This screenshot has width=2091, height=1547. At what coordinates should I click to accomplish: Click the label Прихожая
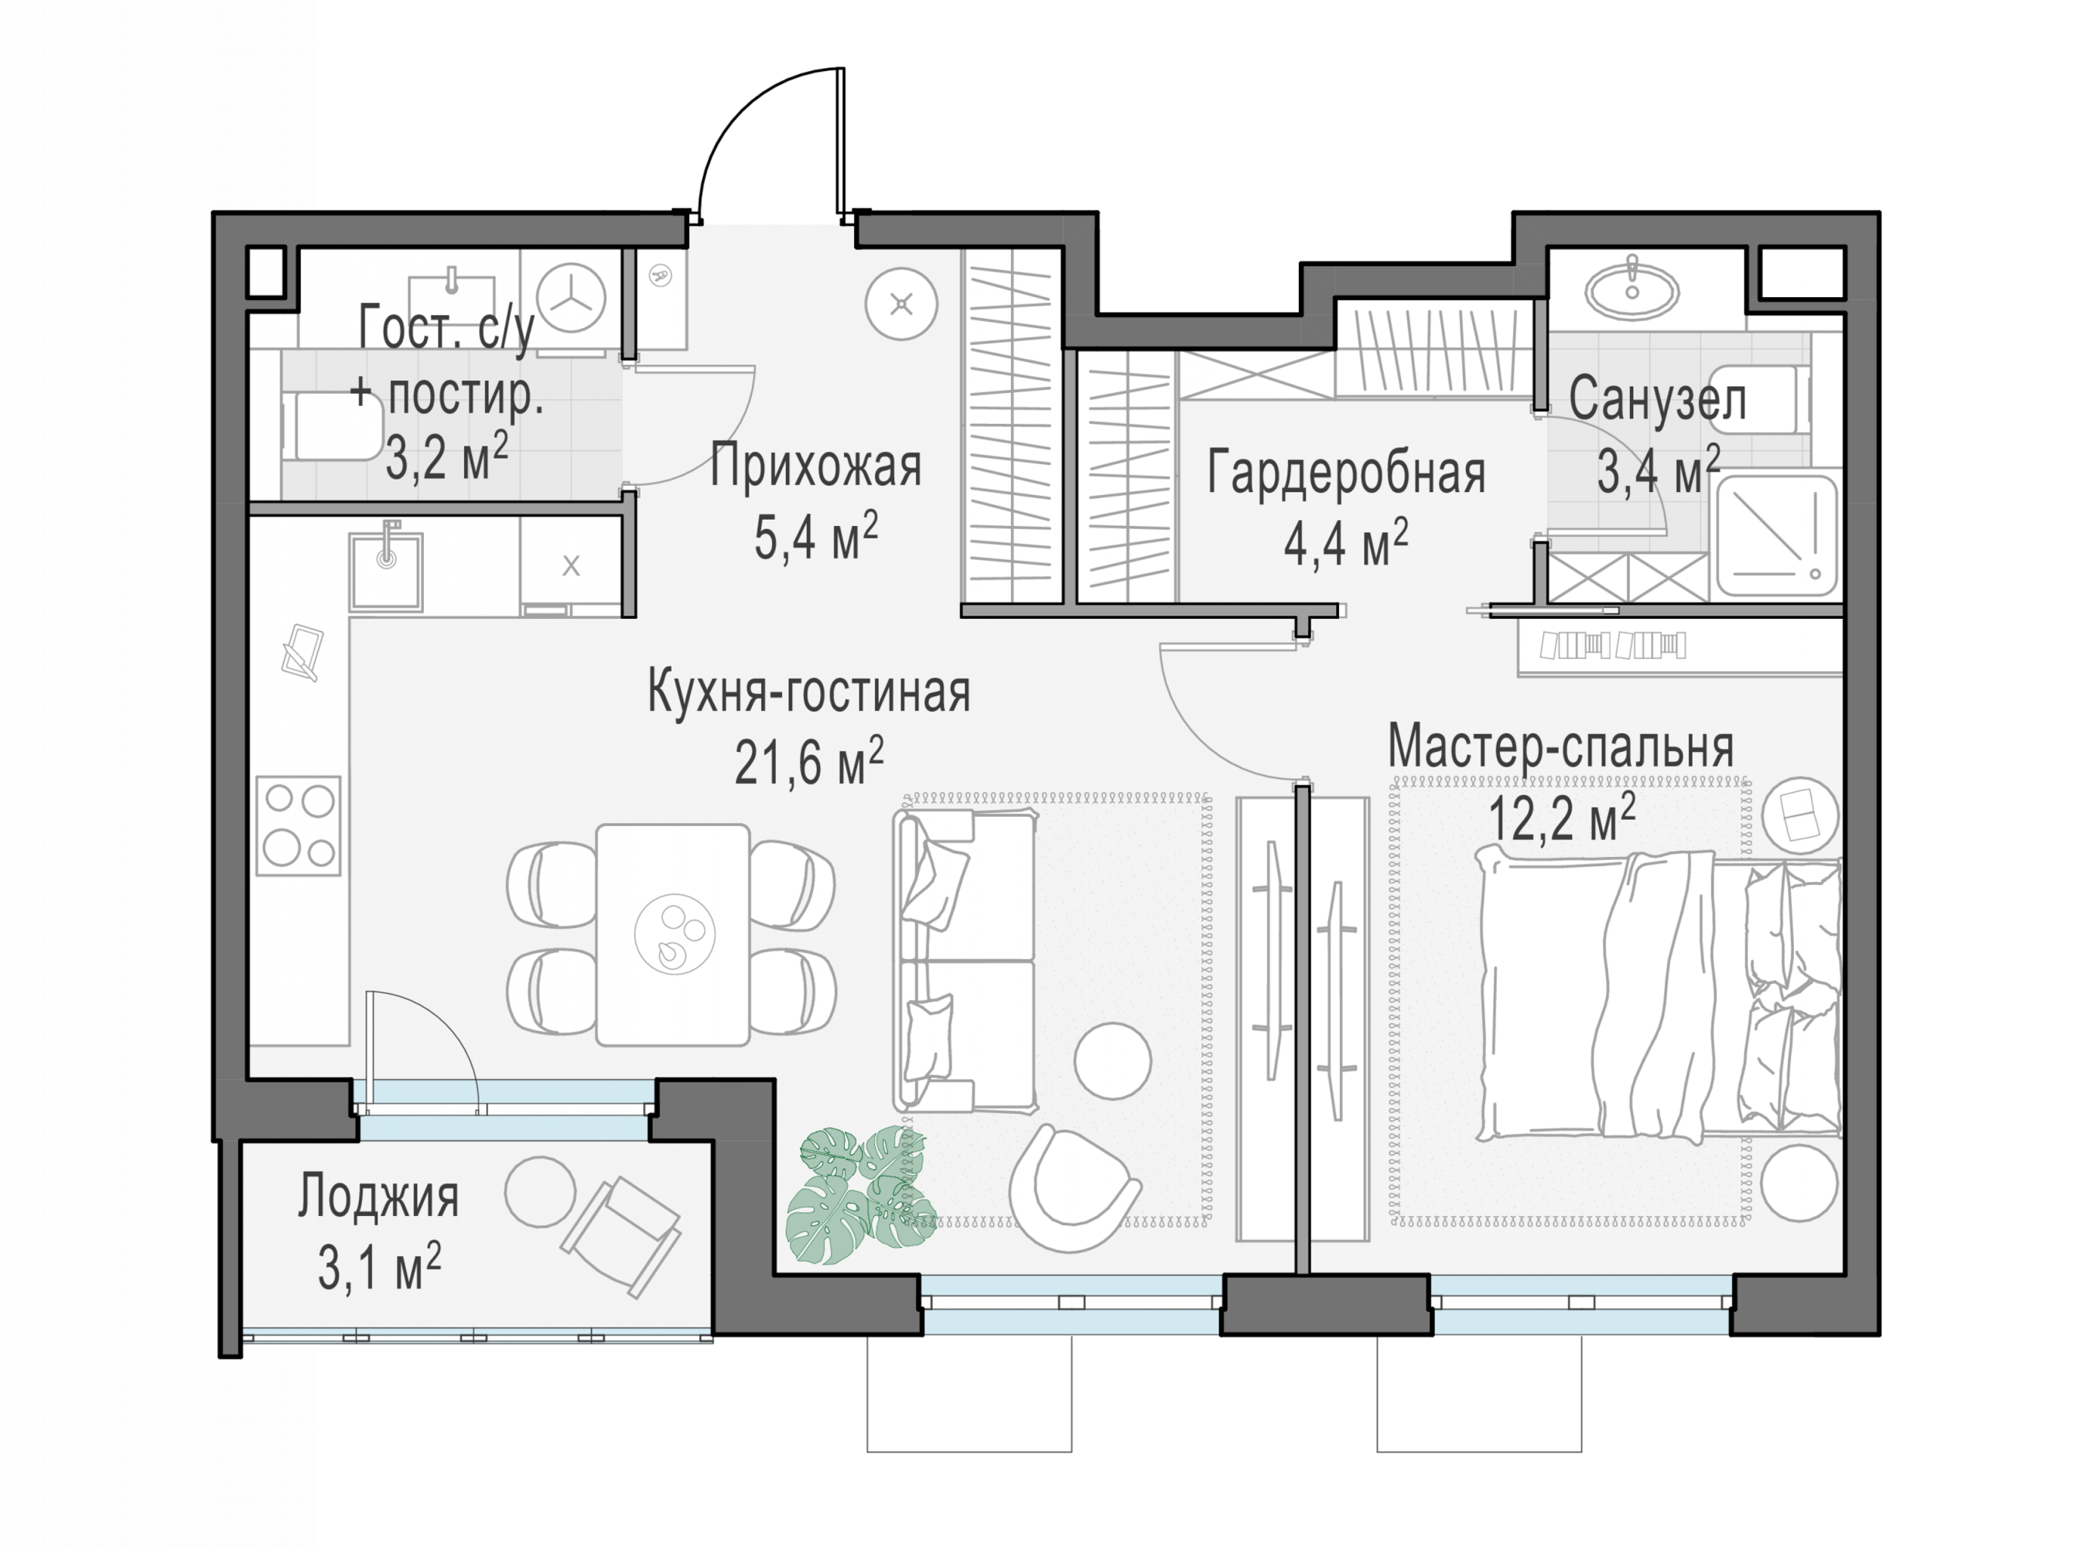click(815, 466)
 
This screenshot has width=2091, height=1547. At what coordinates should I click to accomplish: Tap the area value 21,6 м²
click(809, 760)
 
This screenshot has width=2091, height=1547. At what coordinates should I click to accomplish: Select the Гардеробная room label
click(1345, 472)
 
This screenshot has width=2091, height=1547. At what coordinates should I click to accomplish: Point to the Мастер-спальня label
click(1560, 747)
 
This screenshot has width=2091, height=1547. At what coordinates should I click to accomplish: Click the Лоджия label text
click(378, 1197)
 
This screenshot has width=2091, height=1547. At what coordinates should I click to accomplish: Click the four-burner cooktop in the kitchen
click(299, 826)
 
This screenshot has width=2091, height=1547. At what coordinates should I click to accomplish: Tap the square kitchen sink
click(386, 571)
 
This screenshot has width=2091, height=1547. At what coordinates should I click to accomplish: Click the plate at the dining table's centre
click(675, 934)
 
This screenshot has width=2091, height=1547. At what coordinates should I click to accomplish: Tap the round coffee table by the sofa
click(1112, 1061)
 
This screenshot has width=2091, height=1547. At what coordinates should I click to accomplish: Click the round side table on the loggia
click(540, 1192)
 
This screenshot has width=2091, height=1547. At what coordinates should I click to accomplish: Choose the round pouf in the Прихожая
click(900, 304)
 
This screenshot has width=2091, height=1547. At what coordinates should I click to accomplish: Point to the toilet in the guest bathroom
click(333, 426)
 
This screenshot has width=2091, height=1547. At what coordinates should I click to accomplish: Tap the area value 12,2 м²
click(1562, 818)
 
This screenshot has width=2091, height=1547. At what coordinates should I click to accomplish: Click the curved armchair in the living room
click(1075, 1188)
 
